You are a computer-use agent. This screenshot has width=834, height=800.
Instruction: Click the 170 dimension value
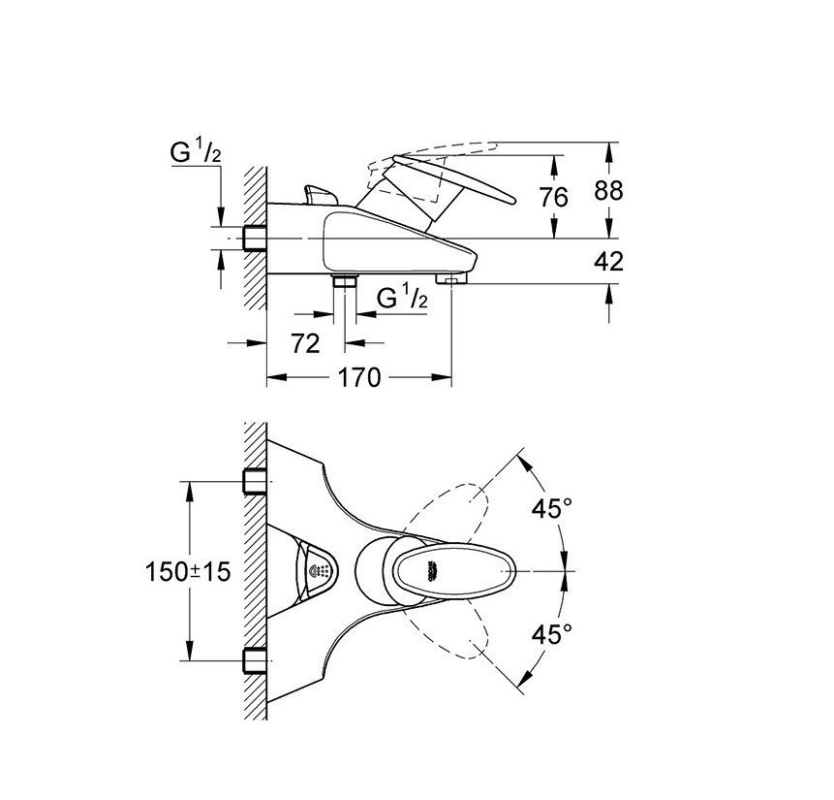pos(359,378)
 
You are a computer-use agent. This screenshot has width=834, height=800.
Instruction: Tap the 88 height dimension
pos(608,191)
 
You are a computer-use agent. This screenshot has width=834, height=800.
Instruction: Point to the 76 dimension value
pos(553,197)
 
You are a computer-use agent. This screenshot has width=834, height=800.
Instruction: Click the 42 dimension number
pos(608,261)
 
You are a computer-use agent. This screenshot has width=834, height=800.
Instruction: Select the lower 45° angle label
pos(553,635)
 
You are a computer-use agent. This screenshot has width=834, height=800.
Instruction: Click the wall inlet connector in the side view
pos(255,238)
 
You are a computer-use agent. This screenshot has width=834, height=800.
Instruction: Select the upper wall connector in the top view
pos(255,480)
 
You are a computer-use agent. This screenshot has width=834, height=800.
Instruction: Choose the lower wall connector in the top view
pos(255,662)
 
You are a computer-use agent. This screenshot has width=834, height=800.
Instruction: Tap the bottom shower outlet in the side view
pos(344,283)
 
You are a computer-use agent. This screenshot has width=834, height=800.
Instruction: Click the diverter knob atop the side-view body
pos(316,195)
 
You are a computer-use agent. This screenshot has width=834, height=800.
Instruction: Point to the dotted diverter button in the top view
pos(319,571)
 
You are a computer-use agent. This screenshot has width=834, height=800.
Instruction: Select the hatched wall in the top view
pos(255,572)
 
